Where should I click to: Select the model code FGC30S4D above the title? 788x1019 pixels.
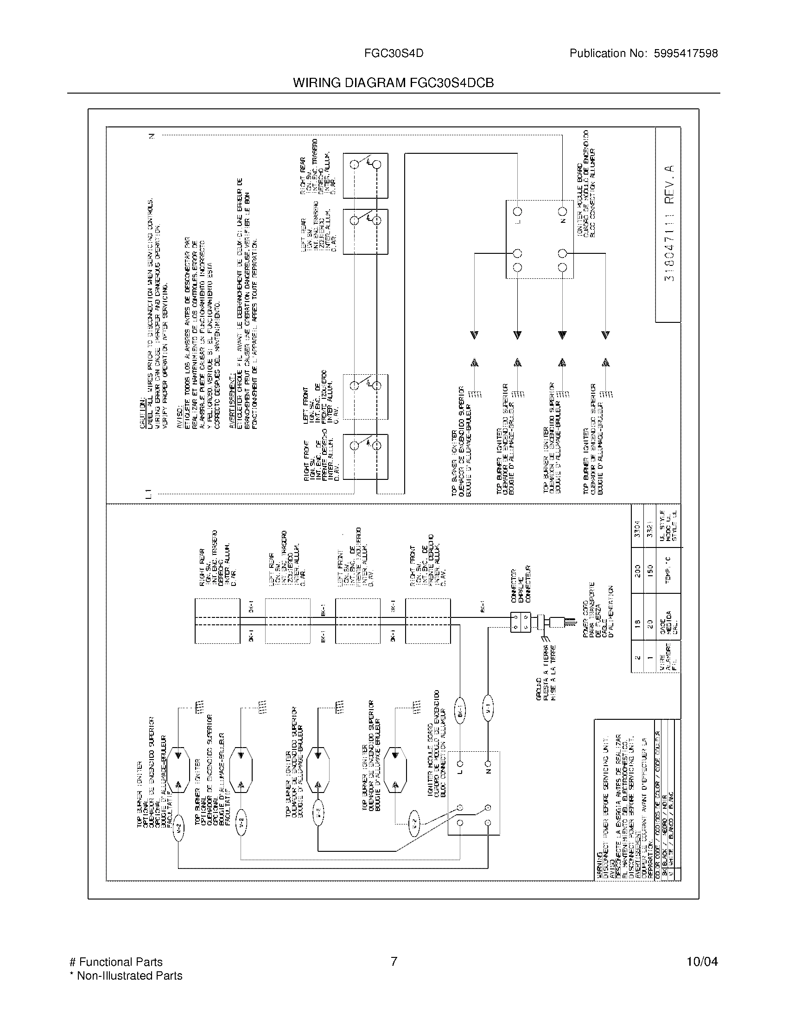coord(394,54)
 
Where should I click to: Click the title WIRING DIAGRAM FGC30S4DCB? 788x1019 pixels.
coord(393,83)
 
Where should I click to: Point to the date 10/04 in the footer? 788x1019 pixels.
coord(702,962)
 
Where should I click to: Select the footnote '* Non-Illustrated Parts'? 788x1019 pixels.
coord(126,975)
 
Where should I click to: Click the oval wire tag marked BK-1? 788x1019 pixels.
coord(459,718)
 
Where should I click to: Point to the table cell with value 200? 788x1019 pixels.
coord(638,570)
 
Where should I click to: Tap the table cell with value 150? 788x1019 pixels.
coord(650,570)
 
